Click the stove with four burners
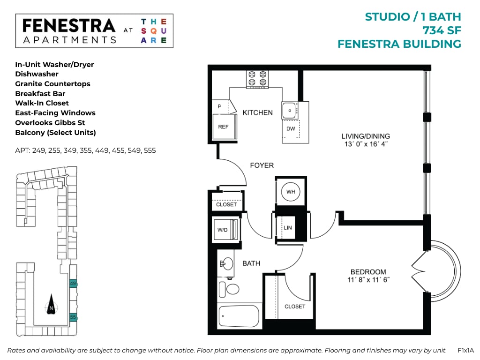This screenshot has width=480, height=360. [x=257, y=79]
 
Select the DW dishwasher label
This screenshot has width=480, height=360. [x=290, y=128]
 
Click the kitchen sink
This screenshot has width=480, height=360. [x=289, y=110]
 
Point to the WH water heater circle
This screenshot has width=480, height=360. [x=290, y=191]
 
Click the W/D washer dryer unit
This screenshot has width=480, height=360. [x=225, y=230]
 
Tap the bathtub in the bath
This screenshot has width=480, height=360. [x=240, y=316]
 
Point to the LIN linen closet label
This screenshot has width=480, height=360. [x=288, y=228]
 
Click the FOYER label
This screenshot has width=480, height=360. [x=262, y=165]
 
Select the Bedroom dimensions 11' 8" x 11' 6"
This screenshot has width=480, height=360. [x=368, y=279]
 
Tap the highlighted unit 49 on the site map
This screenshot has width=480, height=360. [x=73, y=283]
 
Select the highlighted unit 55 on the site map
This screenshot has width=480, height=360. [x=73, y=317]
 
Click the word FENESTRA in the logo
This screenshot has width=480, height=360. [x=68, y=25]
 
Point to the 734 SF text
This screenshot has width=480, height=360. [x=442, y=30]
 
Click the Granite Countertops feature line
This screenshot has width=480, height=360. [x=52, y=84]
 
